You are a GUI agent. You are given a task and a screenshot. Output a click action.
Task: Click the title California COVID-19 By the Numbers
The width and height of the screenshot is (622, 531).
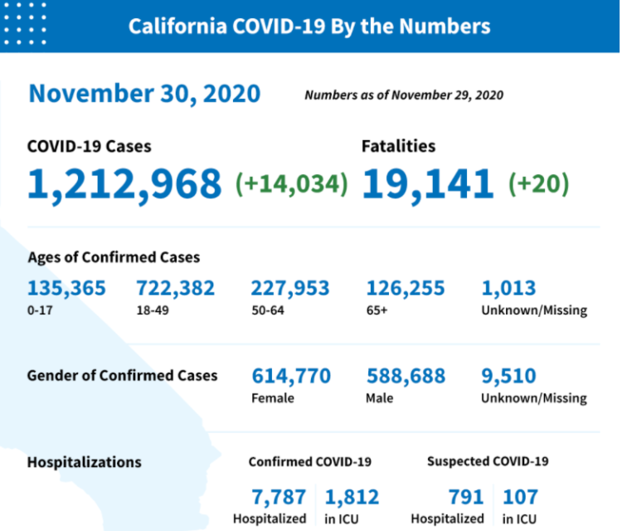point(309,26)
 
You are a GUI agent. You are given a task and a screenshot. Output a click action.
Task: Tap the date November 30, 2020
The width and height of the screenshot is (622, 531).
point(144,94)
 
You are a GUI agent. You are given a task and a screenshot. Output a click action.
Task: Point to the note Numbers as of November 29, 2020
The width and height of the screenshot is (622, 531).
point(403,95)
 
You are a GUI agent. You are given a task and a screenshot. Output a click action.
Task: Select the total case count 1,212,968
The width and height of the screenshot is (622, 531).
point(125,183)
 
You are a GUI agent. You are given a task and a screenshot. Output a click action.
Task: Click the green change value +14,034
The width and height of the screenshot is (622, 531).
point(292,183)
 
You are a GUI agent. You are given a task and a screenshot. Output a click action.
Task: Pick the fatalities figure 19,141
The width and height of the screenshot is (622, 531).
point(428,183)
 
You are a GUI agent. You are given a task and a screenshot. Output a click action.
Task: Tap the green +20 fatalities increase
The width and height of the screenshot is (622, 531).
point(538,183)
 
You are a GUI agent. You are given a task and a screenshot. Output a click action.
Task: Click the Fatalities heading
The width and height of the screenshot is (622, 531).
point(398,146)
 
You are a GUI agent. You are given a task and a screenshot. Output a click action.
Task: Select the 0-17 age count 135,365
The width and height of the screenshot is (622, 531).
point(66,289)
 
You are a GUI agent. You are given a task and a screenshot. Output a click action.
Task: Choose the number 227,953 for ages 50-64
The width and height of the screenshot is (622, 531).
point(290,289)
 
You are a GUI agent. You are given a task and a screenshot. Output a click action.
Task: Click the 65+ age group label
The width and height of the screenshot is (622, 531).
point(377,310)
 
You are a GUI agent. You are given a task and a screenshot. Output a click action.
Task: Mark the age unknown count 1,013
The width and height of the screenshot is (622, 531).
point(508,289)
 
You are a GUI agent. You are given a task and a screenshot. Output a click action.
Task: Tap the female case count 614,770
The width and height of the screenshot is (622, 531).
point(290,376)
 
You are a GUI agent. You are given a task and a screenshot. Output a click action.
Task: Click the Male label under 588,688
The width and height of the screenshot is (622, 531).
point(379,397)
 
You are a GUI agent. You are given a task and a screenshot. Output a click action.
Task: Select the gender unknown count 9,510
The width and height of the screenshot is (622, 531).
point(508,376)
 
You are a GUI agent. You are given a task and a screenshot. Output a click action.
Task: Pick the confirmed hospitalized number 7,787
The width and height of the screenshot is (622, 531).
point(279,497)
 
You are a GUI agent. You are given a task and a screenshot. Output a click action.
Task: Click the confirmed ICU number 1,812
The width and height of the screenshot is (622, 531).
point(352,497)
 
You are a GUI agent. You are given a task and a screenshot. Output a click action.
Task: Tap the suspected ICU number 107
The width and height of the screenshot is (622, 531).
point(520,497)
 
